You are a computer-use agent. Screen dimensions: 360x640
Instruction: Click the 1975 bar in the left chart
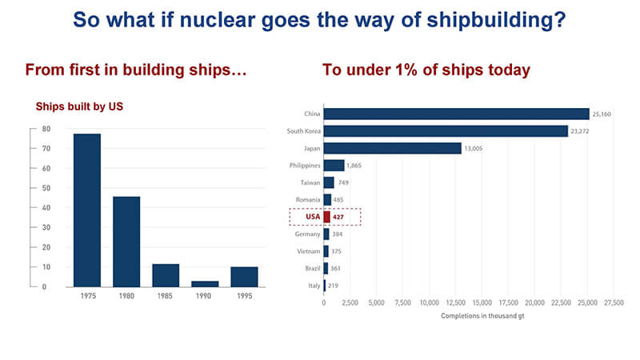coord(87,210)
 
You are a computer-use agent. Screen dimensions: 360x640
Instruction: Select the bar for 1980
coord(126,241)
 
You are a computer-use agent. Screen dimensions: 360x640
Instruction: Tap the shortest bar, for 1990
coord(205,283)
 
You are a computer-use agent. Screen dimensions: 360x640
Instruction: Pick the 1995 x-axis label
coord(244,296)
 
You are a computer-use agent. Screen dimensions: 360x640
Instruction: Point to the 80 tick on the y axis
coord(46,129)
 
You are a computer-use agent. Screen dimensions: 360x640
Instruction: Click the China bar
coord(456,114)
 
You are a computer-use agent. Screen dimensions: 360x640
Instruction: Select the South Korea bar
coord(446,131)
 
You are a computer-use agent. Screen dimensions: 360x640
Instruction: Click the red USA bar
coord(326,217)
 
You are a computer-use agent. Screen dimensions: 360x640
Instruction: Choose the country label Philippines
coord(305,166)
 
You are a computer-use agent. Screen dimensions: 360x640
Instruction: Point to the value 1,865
coord(354,166)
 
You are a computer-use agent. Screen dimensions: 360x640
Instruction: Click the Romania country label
coord(307,200)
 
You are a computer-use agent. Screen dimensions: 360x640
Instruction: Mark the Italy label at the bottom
coord(313,286)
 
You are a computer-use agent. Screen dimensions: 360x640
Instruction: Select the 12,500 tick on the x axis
coord(455,302)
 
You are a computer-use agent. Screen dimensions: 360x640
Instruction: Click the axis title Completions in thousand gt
coord(476,315)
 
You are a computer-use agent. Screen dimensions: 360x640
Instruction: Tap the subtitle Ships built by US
coord(78,106)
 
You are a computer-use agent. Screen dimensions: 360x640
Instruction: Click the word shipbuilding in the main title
coord(498,20)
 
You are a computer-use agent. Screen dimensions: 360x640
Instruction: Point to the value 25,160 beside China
coord(602,114)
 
